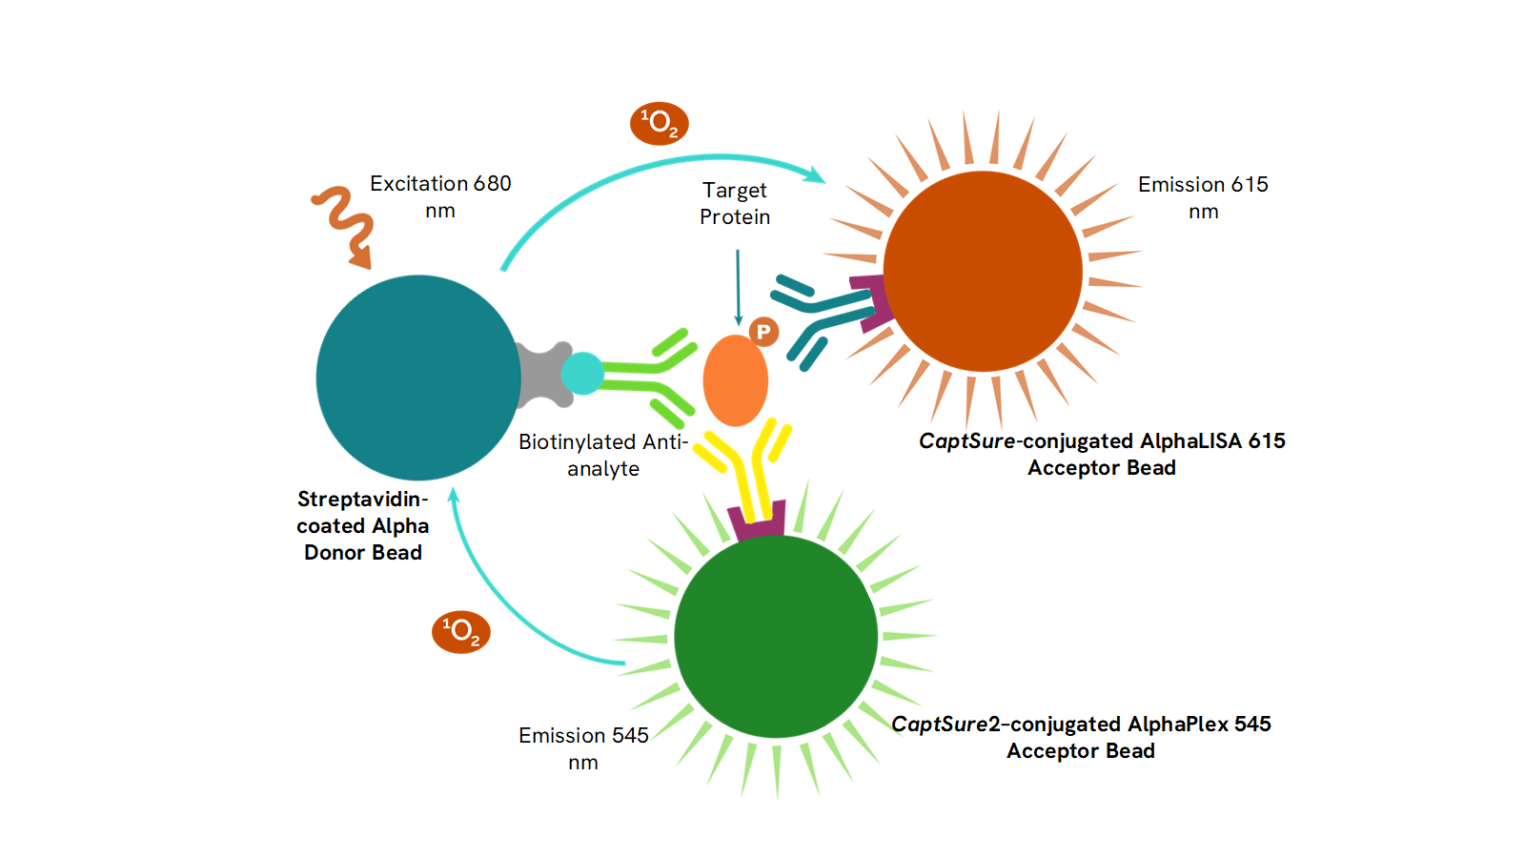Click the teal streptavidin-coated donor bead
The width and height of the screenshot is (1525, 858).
[417, 378]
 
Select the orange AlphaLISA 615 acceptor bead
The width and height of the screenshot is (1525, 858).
[983, 271]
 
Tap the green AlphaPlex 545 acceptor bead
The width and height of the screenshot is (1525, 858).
[775, 636]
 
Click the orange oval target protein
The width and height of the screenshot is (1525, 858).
[735, 380]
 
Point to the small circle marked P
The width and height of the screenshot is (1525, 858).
[763, 332]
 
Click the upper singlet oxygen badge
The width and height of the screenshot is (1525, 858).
[659, 124]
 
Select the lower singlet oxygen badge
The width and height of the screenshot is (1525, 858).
[461, 632]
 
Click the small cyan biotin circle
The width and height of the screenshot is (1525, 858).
[582, 374]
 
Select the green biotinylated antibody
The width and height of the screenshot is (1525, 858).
[648, 377]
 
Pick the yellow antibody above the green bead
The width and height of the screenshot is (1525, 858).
[748, 467]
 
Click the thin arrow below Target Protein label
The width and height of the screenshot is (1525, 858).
[738, 286]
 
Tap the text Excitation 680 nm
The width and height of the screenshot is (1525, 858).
[440, 196]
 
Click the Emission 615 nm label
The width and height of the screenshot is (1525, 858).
[1203, 197]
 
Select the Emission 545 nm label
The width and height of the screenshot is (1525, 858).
[583, 748]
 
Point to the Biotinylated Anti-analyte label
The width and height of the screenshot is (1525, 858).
[603, 455]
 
